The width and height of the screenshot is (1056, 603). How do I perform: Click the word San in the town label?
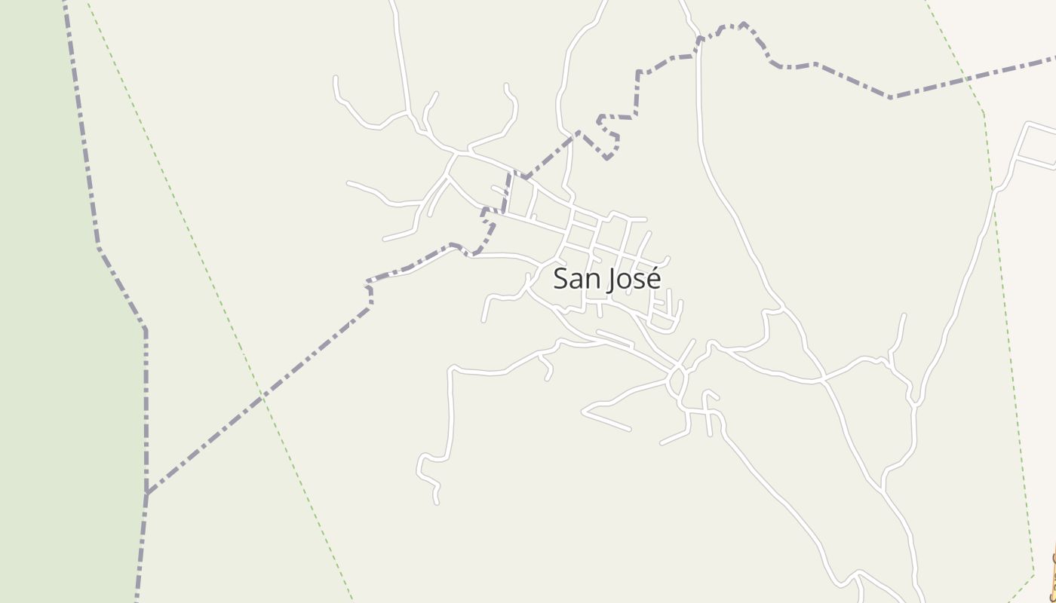click(x=576, y=279)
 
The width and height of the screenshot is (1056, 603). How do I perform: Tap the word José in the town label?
click(x=634, y=279)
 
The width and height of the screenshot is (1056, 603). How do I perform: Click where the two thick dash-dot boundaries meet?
click(x=147, y=494)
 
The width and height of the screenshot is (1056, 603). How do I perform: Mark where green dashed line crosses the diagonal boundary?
click(x=262, y=395)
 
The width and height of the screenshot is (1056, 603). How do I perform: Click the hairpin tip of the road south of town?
click(x=584, y=412)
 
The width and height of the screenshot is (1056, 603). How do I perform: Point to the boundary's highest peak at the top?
click(x=743, y=23)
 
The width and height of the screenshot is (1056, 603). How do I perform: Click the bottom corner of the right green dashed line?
click(x=1033, y=575)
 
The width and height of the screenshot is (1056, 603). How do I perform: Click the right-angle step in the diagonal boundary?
click(x=370, y=291)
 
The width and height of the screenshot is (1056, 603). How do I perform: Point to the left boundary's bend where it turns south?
click(x=145, y=329)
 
